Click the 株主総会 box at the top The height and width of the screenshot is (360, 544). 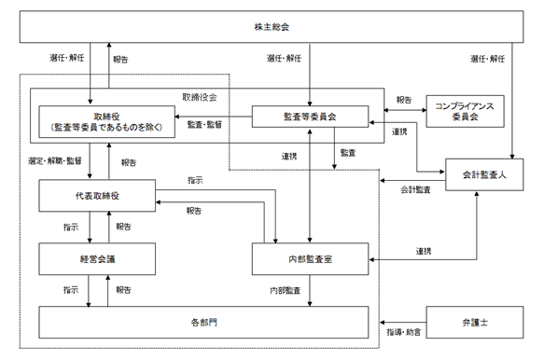(272, 27)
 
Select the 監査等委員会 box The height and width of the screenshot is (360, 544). (310, 117)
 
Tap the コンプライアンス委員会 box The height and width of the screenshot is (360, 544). (465, 111)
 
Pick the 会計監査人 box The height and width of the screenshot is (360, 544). (484, 174)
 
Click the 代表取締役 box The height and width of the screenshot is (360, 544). (97, 196)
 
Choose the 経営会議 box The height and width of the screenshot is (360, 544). (97, 259)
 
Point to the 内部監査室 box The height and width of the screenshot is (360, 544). (310, 259)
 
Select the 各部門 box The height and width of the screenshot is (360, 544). (203, 322)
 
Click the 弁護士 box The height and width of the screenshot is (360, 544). (475, 322)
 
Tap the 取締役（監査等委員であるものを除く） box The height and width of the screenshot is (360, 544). (107, 122)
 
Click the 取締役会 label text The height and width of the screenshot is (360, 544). (200, 97)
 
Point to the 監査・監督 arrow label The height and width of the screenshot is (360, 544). (204, 125)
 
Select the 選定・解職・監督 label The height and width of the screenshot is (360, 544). (55, 160)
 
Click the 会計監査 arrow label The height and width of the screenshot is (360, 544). (415, 189)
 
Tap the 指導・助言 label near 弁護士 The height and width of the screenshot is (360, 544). (403, 332)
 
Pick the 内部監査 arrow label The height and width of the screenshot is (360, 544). (286, 290)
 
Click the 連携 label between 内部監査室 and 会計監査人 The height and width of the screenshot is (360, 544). (424, 251)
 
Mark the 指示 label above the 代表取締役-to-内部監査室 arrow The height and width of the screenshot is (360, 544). (195, 180)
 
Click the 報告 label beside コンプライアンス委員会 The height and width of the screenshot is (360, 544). (404, 100)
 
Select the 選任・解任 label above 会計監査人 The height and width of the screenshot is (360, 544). (487, 59)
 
